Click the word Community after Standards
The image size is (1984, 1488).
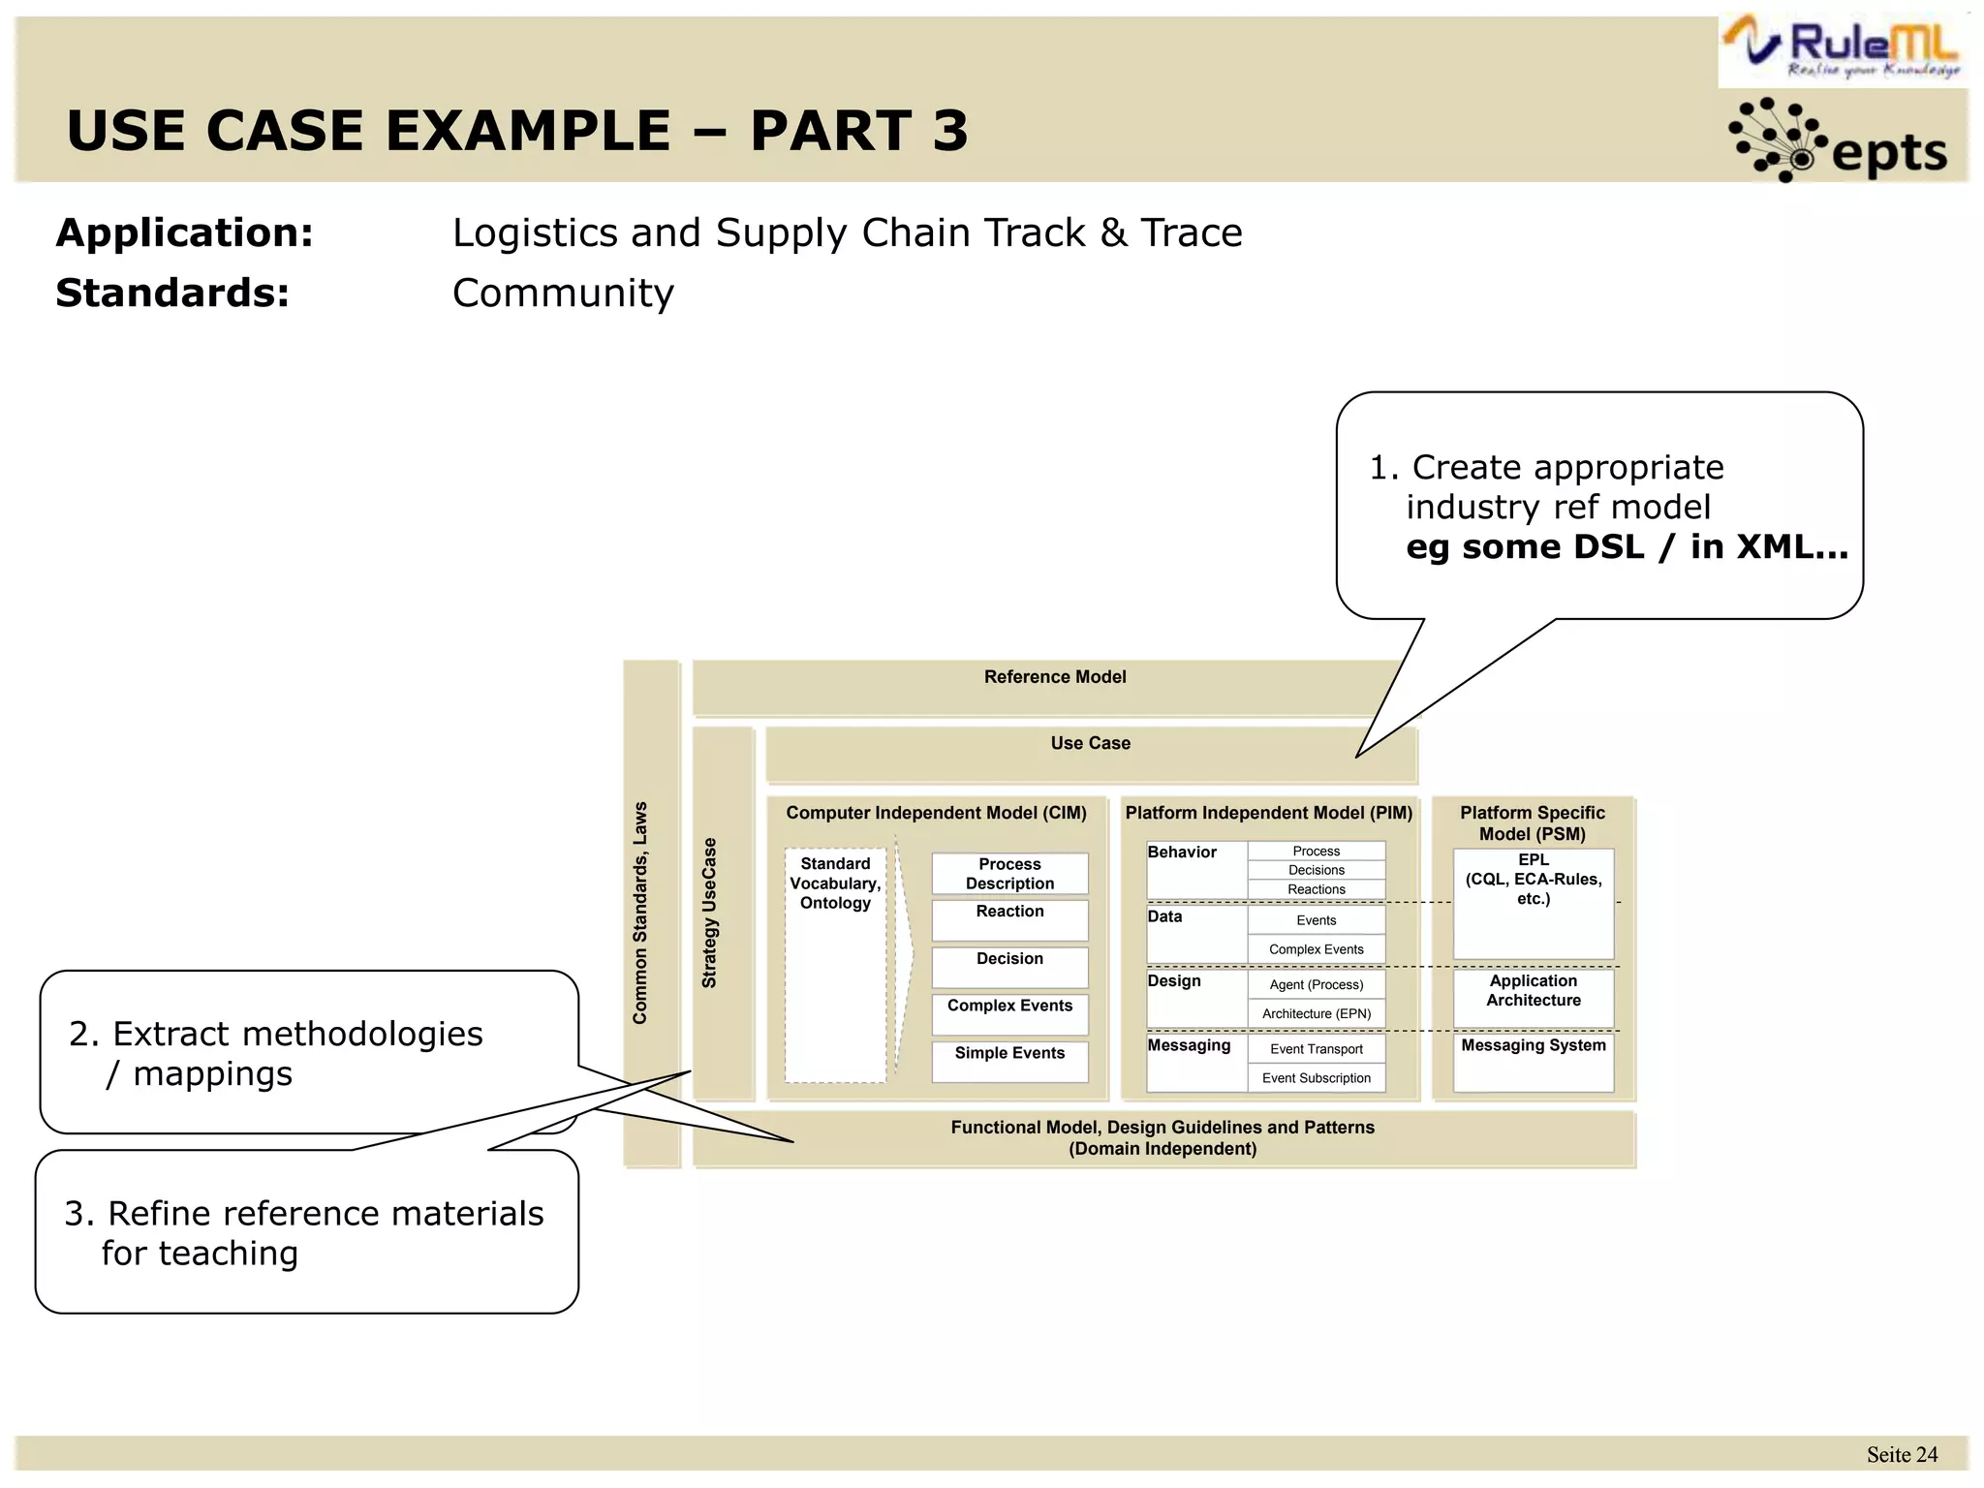point(563,293)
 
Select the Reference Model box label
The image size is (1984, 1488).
point(1054,677)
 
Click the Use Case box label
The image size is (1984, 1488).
point(1090,743)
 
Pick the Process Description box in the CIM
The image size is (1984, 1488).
point(1009,874)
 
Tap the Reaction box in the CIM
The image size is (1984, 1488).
point(1009,918)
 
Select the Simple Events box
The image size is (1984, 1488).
point(1009,1060)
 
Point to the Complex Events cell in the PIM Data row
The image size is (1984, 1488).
point(1316,949)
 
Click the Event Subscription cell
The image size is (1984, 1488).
point(1316,1078)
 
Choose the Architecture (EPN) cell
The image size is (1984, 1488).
point(1316,1014)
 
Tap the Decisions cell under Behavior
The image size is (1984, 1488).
point(1316,870)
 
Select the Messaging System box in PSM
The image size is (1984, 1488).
point(1533,1061)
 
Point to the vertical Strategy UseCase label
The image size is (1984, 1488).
point(710,913)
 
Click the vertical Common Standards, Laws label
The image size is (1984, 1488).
point(640,913)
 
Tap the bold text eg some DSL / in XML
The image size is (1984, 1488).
point(1627,547)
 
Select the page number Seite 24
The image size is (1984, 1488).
point(1901,1455)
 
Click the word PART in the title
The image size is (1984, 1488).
point(830,131)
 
